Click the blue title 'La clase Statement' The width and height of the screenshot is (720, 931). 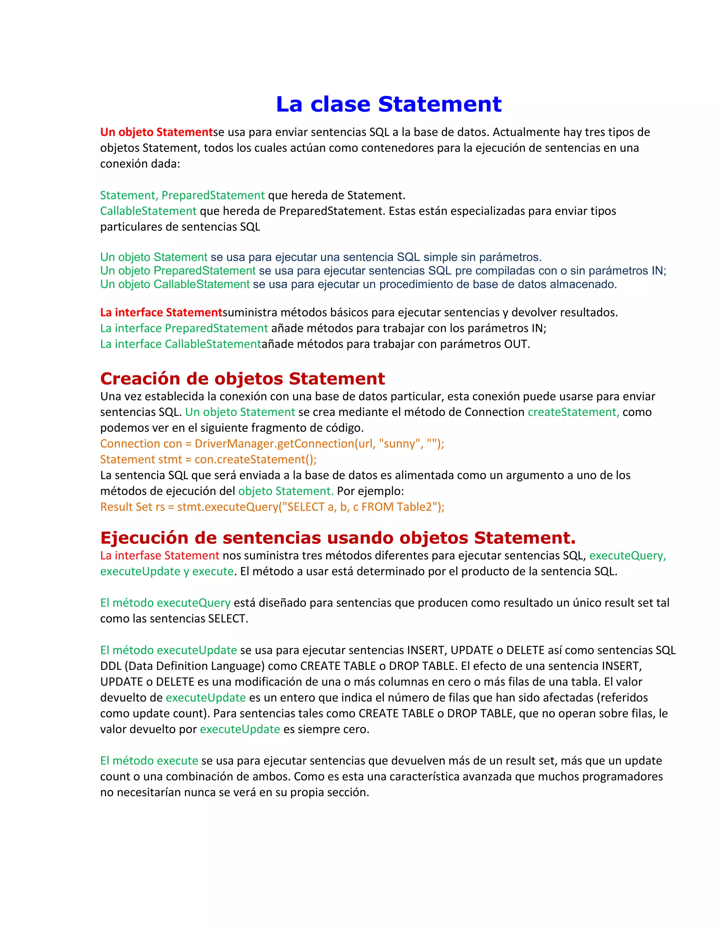point(388,104)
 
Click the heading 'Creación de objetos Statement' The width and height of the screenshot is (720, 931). point(242,378)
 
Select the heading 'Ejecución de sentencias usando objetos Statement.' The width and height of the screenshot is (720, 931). point(338,538)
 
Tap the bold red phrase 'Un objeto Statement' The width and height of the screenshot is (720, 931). point(156,132)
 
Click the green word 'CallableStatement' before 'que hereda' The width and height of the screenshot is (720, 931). point(148,211)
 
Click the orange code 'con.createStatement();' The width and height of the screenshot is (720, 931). point(256,460)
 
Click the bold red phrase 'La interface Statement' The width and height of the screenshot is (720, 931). point(161,312)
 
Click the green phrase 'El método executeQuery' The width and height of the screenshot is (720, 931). point(165,603)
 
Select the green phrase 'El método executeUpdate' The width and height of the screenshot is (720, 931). point(168,650)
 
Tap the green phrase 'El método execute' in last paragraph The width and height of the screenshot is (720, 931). point(149,761)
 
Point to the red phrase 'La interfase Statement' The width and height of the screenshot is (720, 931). point(160,555)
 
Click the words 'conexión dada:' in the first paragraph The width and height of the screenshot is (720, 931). point(140,164)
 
